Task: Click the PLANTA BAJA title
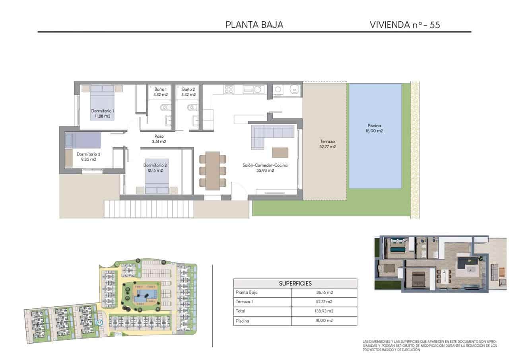254,25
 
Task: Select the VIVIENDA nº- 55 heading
404,25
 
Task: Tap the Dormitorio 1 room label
103,111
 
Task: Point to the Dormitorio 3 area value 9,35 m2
88,160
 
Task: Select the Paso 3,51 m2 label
159,139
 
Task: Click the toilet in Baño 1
164,107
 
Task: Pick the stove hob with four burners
229,89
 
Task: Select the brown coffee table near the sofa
280,152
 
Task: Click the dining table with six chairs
212,169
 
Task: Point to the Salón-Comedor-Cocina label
265,165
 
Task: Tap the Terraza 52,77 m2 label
328,144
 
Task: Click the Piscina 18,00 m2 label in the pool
374,128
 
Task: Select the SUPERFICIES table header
295,283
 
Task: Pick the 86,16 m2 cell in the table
324,292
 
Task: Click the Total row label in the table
241,311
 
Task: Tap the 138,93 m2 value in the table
324,311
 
